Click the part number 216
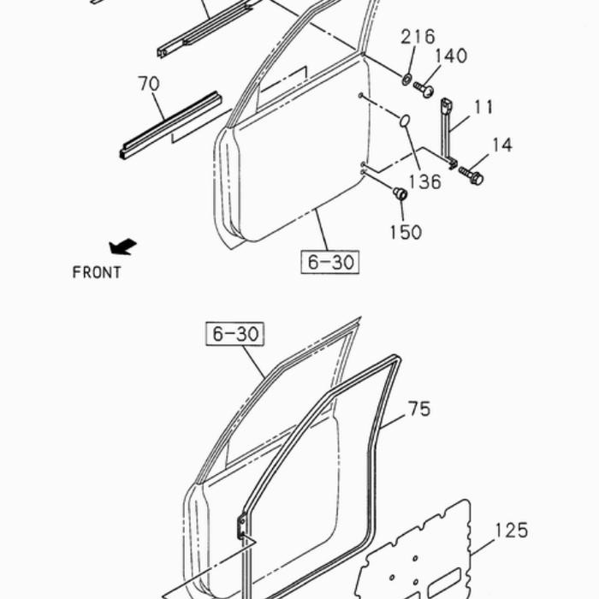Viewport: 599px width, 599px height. (x=418, y=37)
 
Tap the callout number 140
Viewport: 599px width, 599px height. (x=451, y=56)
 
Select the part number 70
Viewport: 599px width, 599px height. (x=149, y=84)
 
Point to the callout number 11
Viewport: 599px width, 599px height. (x=483, y=107)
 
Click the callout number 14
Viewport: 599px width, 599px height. (x=502, y=145)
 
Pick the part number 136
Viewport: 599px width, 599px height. (x=424, y=181)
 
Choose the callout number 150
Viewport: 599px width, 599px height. (x=406, y=232)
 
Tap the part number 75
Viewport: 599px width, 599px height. (x=419, y=409)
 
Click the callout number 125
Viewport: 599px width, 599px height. (x=512, y=531)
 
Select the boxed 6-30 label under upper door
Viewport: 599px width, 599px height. (x=330, y=262)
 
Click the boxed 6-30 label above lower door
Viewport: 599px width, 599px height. (x=235, y=334)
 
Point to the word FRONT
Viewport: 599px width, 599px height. (x=97, y=272)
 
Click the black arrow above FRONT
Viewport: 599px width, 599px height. (x=122, y=246)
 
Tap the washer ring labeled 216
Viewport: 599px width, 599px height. (x=406, y=80)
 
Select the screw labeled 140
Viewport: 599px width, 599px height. (x=424, y=89)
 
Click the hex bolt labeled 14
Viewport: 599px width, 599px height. (x=471, y=175)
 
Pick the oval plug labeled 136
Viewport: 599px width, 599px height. (x=405, y=121)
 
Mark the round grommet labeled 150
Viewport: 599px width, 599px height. (x=400, y=193)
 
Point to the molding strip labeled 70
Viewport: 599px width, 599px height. (x=170, y=125)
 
